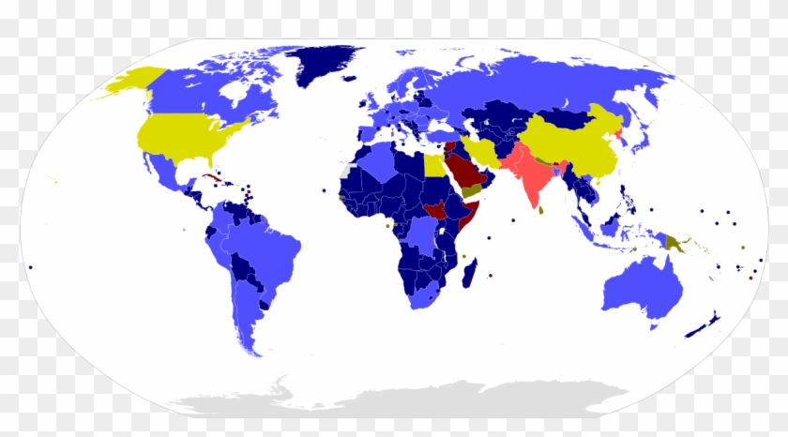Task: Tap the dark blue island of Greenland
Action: coord(324,64)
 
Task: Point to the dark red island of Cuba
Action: coord(212,176)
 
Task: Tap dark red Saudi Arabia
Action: coord(462,172)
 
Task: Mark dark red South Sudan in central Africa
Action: coord(437,208)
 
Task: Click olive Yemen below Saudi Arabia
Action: coord(473,191)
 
